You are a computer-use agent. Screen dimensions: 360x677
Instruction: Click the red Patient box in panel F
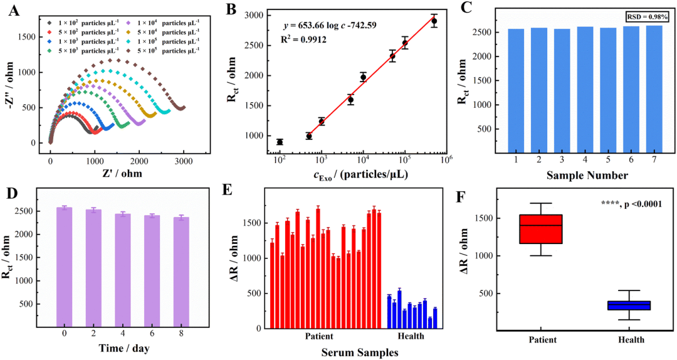click(540, 229)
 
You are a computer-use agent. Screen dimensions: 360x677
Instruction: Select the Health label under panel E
click(411, 337)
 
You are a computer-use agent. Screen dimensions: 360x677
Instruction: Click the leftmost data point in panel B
click(280, 142)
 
